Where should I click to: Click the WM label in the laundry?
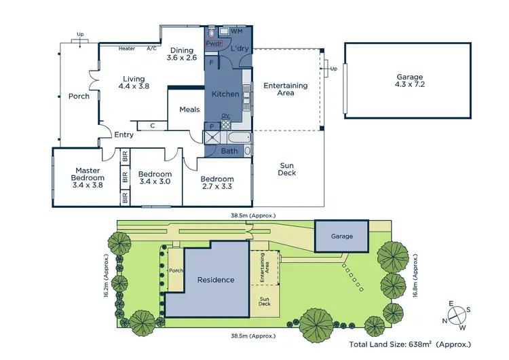(236, 31)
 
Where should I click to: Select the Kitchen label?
(225, 94)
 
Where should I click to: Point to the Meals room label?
(189, 109)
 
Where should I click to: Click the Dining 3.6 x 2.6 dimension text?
(182, 58)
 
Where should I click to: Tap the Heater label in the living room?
(127, 48)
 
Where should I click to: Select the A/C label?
(151, 48)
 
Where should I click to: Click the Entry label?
(124, 134)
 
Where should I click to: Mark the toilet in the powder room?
(212, 32)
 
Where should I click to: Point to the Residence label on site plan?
(216, 279)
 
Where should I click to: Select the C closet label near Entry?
(153, 125)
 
